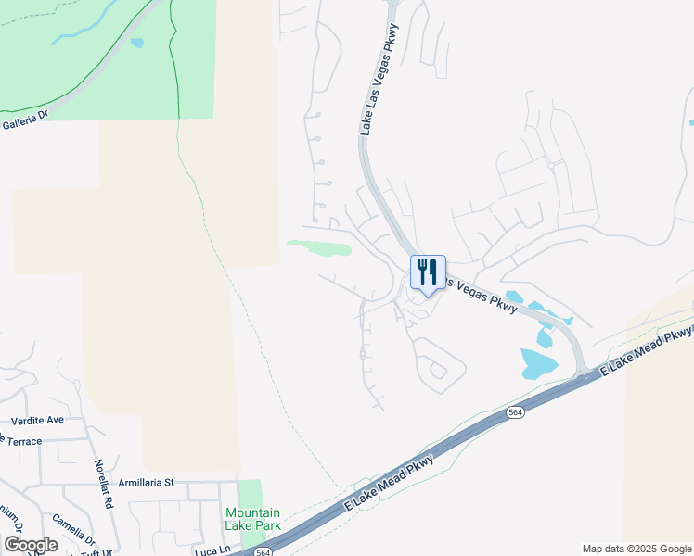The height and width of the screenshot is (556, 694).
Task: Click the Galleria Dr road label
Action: [x=24, y=121]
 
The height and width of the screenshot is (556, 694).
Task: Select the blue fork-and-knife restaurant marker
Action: [x=428, y=273]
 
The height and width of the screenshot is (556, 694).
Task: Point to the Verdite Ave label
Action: [x=38, y=420]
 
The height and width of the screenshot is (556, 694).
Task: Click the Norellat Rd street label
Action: [x=103, y=485]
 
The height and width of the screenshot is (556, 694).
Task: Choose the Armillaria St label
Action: [x=147, y=483]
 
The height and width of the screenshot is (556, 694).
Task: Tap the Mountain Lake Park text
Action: [x=252, y=518]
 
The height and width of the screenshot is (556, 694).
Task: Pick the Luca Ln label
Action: [x=212, y=550]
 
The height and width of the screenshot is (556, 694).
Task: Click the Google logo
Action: [x=31, y=545]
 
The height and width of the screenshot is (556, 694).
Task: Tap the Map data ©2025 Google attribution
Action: [x=636, y=549]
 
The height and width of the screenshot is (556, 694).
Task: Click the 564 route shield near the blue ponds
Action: [x=517, y=412]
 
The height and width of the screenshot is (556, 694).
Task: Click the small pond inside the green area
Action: [x=137, y=43]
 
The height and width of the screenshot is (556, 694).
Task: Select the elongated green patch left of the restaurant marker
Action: [x=320, y=246]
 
